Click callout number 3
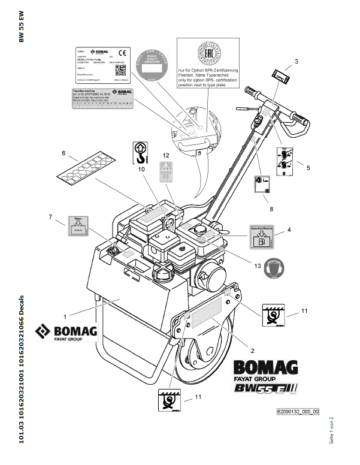coord(295,61)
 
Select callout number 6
coord(63,153)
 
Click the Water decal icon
coord(77,228)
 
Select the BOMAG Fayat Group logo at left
coord(65,331)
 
